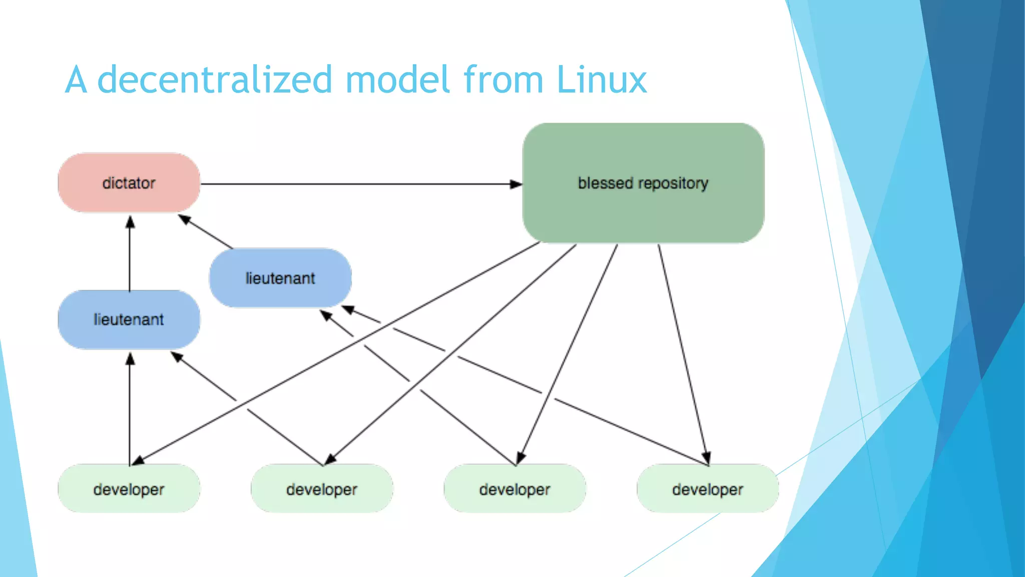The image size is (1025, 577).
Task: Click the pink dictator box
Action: click(129, 183)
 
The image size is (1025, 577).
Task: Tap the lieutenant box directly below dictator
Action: click(129, 320)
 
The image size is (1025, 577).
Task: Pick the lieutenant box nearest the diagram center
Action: click(280, 278)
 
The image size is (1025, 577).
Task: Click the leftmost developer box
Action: click(129, 489)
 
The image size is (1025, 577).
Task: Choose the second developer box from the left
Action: click(322, 489)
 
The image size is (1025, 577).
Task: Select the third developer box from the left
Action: click(515, 489)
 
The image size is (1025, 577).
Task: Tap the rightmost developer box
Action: click(707, 489)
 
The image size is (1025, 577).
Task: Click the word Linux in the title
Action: click(602, 80)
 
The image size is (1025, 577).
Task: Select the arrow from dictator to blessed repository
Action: click(350, 184)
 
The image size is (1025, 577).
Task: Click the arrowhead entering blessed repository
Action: click(516, 184)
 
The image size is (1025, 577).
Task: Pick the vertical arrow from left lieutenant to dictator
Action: click(130, 255)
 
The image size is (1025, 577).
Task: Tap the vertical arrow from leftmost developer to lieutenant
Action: click(130, 411)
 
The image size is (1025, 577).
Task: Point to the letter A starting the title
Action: click(76, 80)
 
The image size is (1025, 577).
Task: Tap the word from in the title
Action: click(503, 80)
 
